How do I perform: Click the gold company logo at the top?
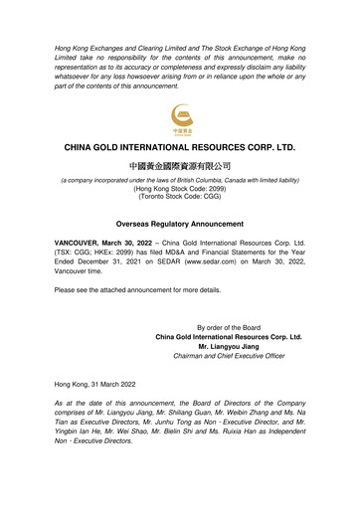coord(180,116)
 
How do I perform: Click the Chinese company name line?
coord(180,164)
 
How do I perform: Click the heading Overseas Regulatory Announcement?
coord(180,224)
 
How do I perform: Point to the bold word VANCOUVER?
coord(81,243)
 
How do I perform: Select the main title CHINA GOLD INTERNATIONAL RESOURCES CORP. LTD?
coord(180,146)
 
